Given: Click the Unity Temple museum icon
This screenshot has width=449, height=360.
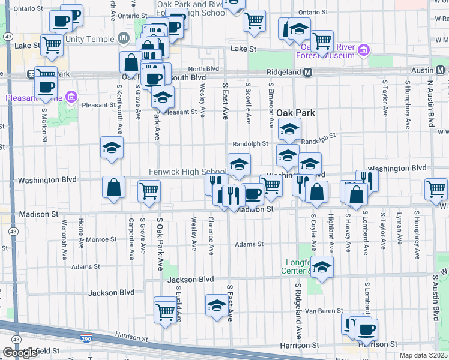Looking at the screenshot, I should [x=124, y=39].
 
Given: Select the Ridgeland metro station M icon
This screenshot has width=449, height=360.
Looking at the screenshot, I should [x=307, y=72].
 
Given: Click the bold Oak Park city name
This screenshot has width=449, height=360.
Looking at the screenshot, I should [x=296, y=113].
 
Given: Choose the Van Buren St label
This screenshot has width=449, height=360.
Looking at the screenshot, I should [x=323, y=311].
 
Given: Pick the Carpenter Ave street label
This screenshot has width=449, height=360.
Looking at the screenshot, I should [x=130, y=238].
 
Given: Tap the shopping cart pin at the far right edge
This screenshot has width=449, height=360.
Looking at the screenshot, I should [x=436, y=190].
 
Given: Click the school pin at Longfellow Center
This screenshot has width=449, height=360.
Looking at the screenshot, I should [x=322, y=266].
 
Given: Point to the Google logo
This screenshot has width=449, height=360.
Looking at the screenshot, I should [x=20, y=353].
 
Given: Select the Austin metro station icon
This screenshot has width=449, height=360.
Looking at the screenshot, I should [x=440, y=70].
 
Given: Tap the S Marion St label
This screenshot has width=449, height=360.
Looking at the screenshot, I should [x=44, y=125].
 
